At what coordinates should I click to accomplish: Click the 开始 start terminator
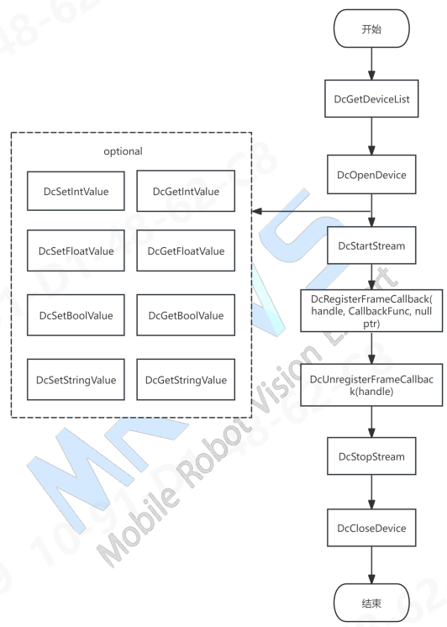pyautogui.click(x=371, y=29)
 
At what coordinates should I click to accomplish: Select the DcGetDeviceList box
pyautogui.click(x=371, y=99)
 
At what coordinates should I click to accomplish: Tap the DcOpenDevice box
pyautogui.click(x=371, y=175)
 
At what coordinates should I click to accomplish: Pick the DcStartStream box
pyautogui.click(x=371, y=245)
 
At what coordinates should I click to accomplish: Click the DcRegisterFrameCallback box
pyautogui.click(x=371, y=311)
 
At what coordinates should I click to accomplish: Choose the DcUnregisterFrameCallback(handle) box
pyautogui.click(x=371, y=385)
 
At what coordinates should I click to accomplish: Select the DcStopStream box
pyautogui.click(x=371, y=456)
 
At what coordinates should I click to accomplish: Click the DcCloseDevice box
pyautogui.click(x=371, y=528)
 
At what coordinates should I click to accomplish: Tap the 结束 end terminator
pyautogui.click(x=371, y=603)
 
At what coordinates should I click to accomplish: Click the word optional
pyautogui.click(x=123, y=151)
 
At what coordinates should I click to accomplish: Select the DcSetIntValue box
pyautogui.click(x=76, y=191)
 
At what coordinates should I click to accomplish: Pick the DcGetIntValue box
pyautogui.click(x=186, y=191)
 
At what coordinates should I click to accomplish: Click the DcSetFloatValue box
pyautogui.click(x=76, y=250)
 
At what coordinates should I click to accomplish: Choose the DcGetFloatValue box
pyautogui.click(x=186, y=250)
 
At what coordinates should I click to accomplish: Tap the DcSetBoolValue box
pyautogui.click(x=76, y=315)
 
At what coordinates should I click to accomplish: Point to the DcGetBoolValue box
pyautogui.click(x=186, y=315)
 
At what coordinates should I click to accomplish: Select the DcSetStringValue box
pyautogui.click(x=76, y=380)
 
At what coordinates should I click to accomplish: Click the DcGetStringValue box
pyautogui.click(x=186, y=380)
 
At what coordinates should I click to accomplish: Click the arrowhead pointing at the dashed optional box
pyautogui.click(x=257, y=211)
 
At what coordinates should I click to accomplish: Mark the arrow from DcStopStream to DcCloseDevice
pyautogui.click(x=371, y=492)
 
